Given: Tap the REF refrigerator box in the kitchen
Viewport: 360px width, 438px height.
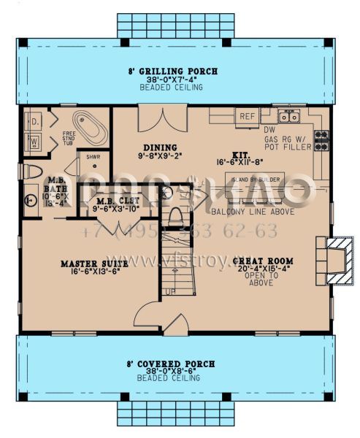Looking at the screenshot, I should [247, 116].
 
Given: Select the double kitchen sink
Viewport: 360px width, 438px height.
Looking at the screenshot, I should [290, 115].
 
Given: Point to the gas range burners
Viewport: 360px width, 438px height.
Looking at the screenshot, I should [321, 139].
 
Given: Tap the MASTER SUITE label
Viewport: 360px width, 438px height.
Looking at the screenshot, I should [89, 263].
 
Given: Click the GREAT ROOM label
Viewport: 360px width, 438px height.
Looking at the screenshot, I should [262, 261].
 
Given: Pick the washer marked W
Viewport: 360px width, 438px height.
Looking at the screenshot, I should [34, 141].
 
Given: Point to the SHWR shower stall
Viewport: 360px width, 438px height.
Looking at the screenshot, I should [93, 157].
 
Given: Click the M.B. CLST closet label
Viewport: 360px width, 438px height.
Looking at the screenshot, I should [115, 201].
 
